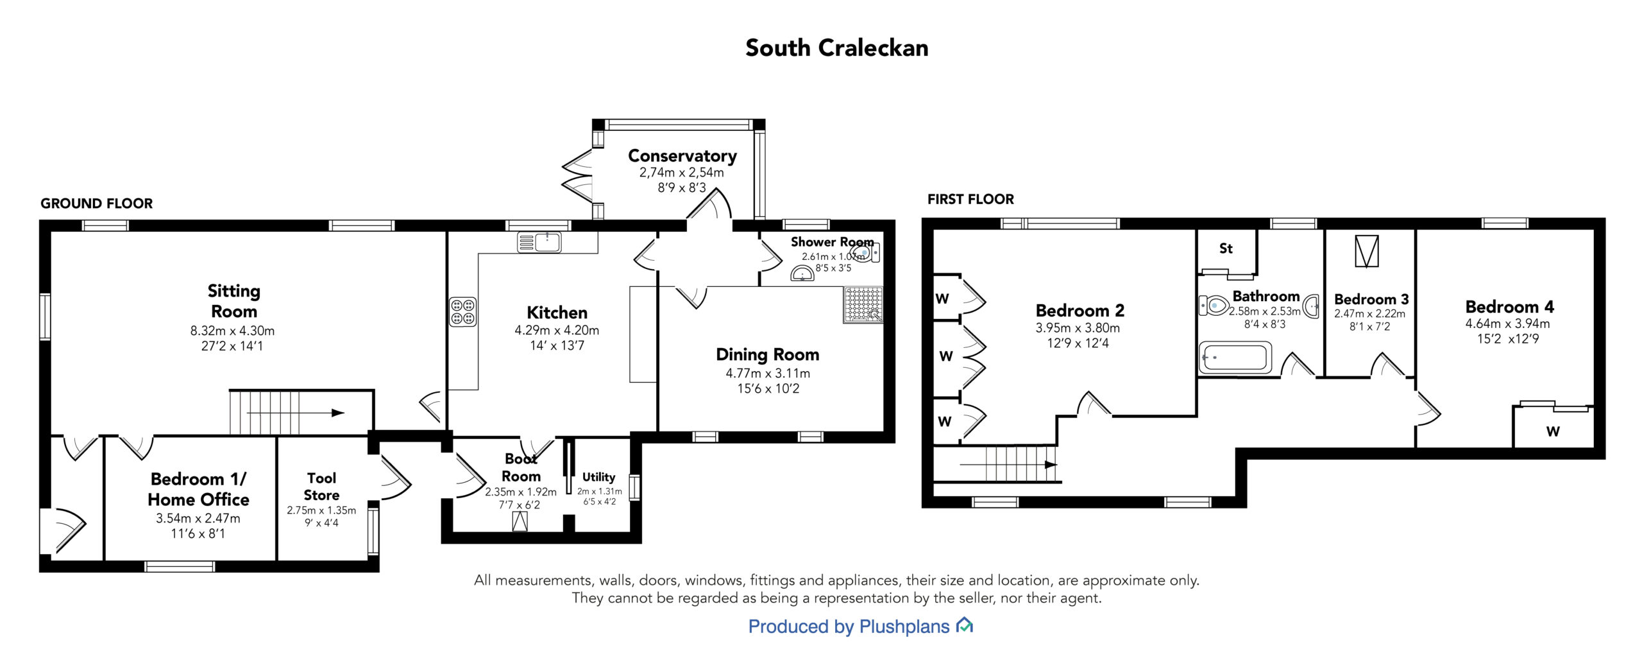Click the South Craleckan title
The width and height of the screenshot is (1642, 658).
tap(836, 48)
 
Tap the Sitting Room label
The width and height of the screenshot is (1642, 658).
tap(234, 301)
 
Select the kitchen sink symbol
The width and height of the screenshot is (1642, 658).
tap(539, 242)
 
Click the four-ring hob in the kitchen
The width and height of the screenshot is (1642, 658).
tap(462, 311)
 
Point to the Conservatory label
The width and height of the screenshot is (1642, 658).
tap(682, 156)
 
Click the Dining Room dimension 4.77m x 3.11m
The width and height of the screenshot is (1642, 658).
tap(768, 373)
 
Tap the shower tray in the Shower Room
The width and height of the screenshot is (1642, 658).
tap(863, 304)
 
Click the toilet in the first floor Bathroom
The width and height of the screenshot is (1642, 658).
tap(1213, 305)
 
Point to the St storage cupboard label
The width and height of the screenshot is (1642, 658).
tap(1226, 248)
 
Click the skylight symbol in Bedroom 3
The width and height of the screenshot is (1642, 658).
tap(1366, 251)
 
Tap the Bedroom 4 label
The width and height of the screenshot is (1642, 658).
tap(1509, 307)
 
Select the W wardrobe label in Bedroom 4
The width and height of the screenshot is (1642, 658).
tap(1552, 431)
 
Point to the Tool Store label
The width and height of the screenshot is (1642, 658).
tap(321, 487)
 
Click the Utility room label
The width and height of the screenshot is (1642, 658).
tap(598, 477)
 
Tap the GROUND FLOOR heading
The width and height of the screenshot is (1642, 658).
tap(97, 203)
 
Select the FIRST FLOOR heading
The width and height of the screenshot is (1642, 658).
tap(970, 200)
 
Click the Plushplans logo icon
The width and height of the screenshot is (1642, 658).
tap(964, 625)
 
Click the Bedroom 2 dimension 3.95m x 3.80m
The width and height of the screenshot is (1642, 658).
tap(1078, 327)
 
